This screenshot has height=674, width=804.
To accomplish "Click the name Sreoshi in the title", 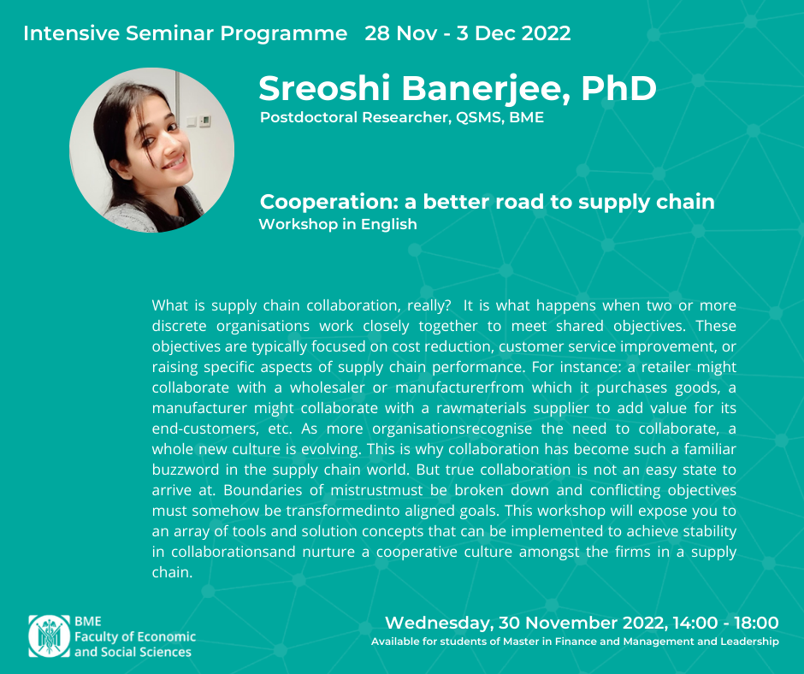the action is [325, 88].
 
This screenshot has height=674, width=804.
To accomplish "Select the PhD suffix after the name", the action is [618, 88].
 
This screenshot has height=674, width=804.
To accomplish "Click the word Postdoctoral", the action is [309, 117].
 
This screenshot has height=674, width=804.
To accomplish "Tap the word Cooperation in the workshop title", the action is [329, 202].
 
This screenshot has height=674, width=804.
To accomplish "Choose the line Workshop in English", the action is [338, 224].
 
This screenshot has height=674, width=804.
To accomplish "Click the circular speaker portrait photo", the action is [151, 151].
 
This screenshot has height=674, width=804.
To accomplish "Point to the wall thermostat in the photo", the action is [204, 121].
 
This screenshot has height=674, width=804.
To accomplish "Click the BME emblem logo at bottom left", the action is [50, 636].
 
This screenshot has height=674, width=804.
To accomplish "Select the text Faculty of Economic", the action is [135, 637].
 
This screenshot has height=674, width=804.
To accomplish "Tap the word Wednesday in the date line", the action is [440, 623].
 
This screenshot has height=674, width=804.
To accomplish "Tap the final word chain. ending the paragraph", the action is [172, 572].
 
